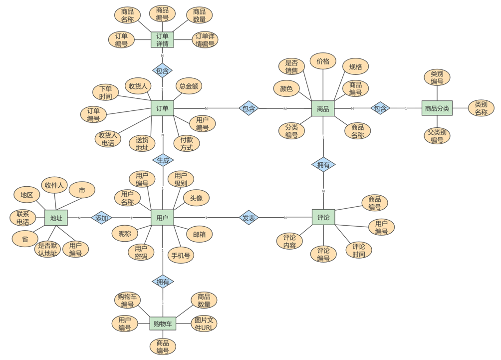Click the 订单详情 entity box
point(162,40)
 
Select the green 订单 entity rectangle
point(162,108)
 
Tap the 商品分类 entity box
point(437,108)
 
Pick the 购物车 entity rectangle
point(163,324)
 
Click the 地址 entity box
point(56,218)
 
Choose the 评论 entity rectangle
point(323,217)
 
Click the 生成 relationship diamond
point(163,160)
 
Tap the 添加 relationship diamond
point(101,218)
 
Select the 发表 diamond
point(249,218)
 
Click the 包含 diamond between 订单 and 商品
point(249,108)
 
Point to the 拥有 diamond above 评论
point(323,164)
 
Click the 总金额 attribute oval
point(189,86)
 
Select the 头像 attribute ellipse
point(196,198)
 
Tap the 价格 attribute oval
point(323,61)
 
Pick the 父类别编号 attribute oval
point(437,136)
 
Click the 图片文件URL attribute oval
point(204,324)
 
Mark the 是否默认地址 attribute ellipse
point(48,249)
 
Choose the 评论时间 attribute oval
point(358,250)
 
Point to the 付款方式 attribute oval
point(187,144)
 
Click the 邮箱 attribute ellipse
point(199,233)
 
